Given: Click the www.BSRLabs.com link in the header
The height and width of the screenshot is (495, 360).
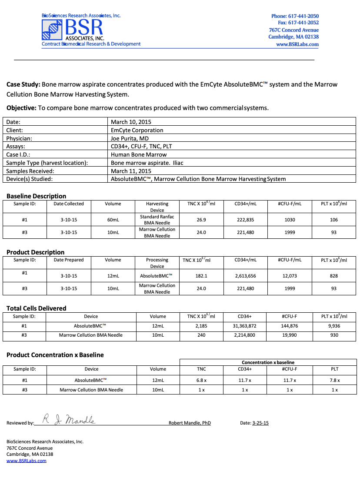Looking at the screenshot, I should (297, 44).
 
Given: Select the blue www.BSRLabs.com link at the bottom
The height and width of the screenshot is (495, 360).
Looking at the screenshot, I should (26, 461).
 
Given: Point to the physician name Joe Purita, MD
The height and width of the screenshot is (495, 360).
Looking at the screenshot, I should (130, 138).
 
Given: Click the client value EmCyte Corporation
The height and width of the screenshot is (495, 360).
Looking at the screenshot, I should (137, 130).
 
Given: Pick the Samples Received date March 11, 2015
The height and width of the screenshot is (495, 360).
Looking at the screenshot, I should (131, 171).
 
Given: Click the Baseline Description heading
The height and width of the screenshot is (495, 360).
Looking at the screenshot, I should (36, 196).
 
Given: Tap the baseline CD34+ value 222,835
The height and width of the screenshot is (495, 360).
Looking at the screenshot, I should (245, 220).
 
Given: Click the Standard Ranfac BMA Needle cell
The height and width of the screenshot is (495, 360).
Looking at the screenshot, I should (157, 220).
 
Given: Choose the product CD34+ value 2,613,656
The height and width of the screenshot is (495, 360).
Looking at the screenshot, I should (245, 276).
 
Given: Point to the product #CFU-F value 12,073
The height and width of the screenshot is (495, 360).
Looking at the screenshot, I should (290, 276).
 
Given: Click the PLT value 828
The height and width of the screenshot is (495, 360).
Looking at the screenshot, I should (333, 276).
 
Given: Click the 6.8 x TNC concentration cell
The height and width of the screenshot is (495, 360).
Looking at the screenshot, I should (201, 380).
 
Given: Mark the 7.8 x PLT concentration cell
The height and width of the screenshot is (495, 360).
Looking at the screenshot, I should (334, 380).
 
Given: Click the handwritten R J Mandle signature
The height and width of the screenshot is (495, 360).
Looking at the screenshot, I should (68, 420).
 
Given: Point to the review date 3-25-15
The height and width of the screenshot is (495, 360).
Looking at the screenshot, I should (260, 423).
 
